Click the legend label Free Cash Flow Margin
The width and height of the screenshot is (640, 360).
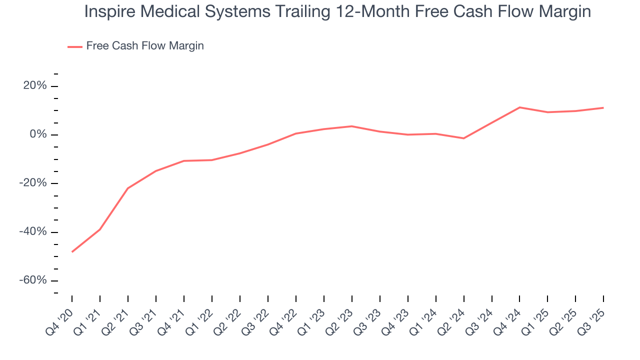click(145, 46)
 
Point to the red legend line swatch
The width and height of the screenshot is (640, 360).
click(75, 46)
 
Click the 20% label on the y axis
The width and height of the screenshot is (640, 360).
click(35, 86)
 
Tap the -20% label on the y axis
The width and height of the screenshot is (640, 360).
click(33, 183)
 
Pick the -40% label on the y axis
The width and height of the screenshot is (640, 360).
click(33, 232)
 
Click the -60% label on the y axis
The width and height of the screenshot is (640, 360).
click(33, 280)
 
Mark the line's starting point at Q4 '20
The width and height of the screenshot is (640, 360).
click(72, 251)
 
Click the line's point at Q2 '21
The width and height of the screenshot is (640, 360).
click(128, 188)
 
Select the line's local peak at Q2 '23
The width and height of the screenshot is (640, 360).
click(352, 126)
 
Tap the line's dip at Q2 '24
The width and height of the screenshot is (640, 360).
click(464, 138)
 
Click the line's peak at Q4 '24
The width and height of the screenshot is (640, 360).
click(520, 107)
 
